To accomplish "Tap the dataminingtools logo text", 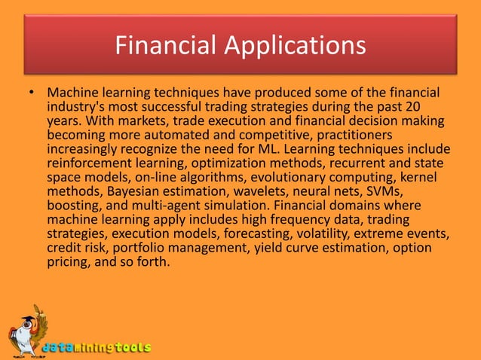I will [x=96, y=348].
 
